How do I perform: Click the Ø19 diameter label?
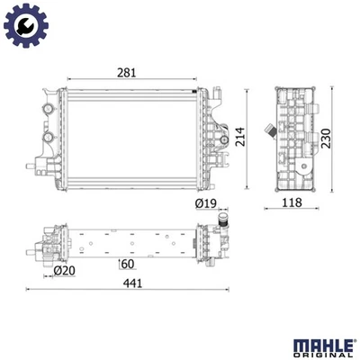pyautogui.click(x=206, y=205)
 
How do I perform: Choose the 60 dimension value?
pyautogui.click(x=128, y=265)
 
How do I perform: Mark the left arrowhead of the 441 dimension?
pyautogui.click(x=30, y=290)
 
